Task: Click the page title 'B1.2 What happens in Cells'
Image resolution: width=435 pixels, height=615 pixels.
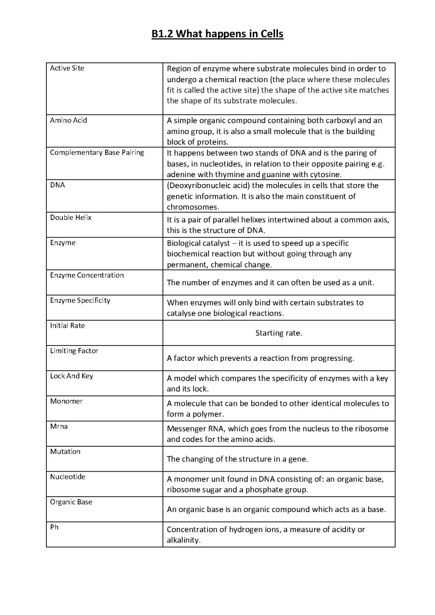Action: click(217, 34)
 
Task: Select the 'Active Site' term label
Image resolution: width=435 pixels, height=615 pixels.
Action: click(67, 68)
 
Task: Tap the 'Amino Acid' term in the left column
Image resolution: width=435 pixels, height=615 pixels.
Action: click(68, 120)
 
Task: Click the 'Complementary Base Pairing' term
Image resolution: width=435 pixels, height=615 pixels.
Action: click(97, 152)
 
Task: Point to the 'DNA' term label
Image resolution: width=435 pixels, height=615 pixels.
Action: click(57, 185)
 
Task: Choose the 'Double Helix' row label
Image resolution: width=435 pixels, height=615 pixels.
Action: click(71, 217)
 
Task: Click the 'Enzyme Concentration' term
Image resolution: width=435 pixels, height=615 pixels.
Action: click(87, 275)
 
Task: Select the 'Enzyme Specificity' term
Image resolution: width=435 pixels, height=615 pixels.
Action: click(80, 300)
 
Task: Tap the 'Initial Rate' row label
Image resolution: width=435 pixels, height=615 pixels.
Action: click(67, 325)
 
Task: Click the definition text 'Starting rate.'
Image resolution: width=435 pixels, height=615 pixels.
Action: click(279, 333)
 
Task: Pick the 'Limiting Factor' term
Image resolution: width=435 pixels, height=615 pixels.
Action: click(74, 351)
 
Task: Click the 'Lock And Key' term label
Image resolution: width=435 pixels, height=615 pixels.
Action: click(71, 376)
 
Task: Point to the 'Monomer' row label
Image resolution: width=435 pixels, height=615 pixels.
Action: click(66, 401)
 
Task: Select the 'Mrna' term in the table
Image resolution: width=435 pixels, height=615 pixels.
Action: click(59, 426)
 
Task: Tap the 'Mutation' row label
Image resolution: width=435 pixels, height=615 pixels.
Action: click(65, 451)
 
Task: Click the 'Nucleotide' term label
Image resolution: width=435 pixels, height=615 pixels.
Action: click(68, 477)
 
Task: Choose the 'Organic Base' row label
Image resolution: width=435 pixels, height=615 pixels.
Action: click(71, 502)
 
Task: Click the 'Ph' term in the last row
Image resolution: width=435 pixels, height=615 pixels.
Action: click(54, 527)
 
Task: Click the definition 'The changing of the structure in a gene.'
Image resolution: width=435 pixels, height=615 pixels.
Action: click(237, 459)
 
